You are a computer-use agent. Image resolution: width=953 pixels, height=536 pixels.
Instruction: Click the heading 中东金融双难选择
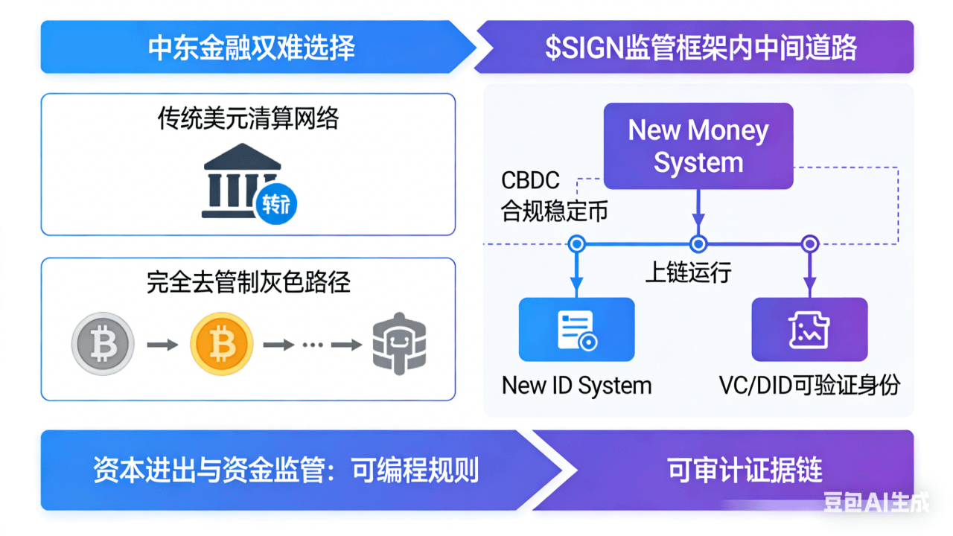(x=252, y=48)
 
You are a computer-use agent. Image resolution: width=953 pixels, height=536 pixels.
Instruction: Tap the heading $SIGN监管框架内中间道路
(x=701, y=48)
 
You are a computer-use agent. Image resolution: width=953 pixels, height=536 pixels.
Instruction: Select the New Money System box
(x=698, y=146)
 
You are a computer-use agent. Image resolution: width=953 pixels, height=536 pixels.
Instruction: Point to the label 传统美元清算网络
(x=248, y=118)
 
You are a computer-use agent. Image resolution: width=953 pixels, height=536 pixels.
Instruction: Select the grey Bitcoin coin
(x=103, y=344)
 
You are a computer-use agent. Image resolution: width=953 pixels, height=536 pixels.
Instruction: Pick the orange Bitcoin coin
(x=221, y=344)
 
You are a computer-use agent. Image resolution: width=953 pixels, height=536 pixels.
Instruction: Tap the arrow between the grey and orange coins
(x=162, y=345)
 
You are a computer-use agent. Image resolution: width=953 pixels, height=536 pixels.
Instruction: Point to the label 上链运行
(x=688, y=272)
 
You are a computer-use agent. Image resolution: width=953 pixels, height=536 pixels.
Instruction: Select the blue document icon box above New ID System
(x=576, y=330)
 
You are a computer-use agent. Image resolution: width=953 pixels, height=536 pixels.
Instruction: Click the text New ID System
(x=576, y=386)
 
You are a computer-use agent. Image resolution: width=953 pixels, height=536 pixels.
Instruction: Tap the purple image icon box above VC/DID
(x=809, y=330)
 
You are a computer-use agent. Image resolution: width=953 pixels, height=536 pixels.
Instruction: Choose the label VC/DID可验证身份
(x=809, y=386)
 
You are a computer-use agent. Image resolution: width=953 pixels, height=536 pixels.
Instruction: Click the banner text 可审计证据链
(x=745, y=470)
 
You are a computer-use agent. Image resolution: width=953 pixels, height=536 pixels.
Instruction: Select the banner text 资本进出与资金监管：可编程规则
(x=286, y=470)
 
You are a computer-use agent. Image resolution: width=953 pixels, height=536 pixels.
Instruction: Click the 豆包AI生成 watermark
(x=876, y=503)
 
